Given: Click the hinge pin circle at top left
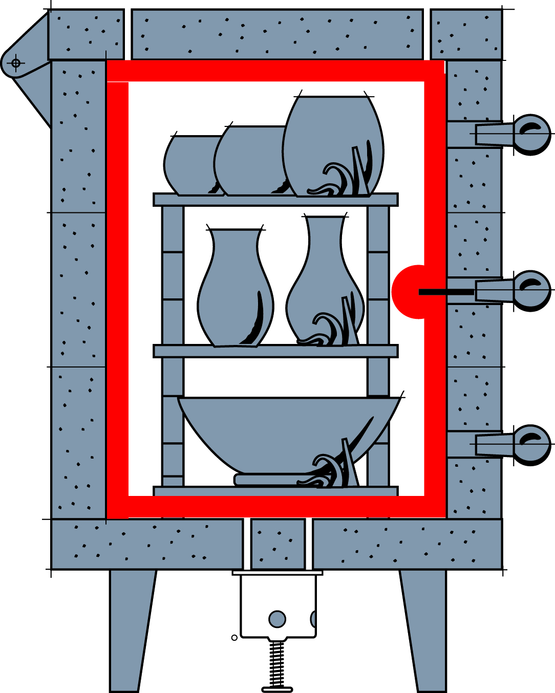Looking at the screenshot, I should pyautogui.click(x=16, y=63).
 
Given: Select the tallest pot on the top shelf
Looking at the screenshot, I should pyautogui.click(x=333, y=143).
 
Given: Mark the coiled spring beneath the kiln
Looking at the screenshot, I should pyautogui.click(x=277, y=663).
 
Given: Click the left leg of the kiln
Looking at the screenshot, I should pyautogui.click(x=130, y=630).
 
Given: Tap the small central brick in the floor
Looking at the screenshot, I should pyautogui.click(x=277, y=544).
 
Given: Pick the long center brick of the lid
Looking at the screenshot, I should pyautogui.click(x=277, y=34).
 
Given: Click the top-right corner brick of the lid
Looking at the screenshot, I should pyautogui.click(x=465, y=34).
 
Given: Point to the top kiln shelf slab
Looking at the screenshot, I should pyautogui.click(x=275, y=200).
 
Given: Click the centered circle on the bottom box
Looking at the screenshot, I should pyautogui.click(x=277, y=619).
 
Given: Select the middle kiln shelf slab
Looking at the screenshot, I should pyautogui.click(x=275, y=351).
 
